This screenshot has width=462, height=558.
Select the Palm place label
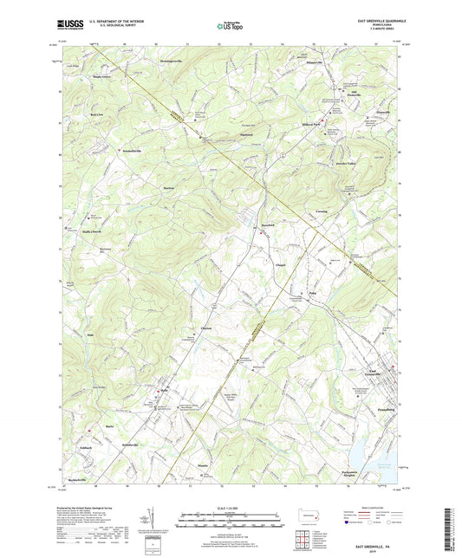point(313,295)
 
